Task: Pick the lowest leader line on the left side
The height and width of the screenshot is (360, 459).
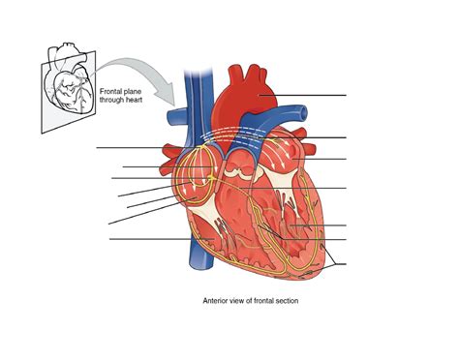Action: pyautogui.click(x=145, y=238)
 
